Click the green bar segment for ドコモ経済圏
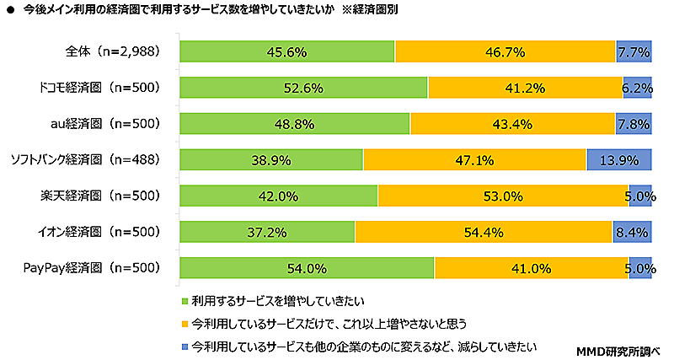(304, 88)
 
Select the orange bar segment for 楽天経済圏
(503, 196)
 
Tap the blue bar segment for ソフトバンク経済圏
(619, 160)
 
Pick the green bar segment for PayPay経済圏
(307, 269)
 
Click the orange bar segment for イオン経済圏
(484, 233)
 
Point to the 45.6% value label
(286, 52)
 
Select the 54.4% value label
(484, 233)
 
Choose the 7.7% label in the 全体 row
(634, 52)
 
